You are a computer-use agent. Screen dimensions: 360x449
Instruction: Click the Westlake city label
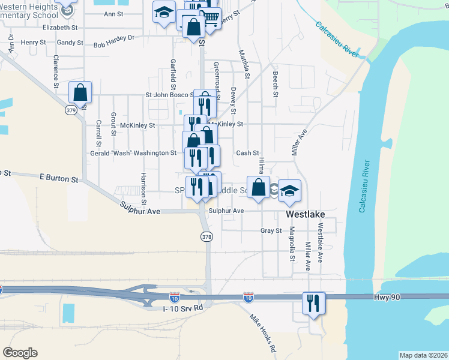pyautogui.click(x=306, y=213)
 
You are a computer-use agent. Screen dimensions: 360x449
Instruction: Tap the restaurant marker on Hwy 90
pyautogui.click(x=313, y=302)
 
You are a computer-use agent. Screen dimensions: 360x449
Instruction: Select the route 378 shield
pyautogui.click(x=207, y=237)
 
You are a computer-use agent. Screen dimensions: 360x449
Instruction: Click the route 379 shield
pyautogui.click(x=71, y=110)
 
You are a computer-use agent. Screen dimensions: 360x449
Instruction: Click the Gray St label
pyautogui.click(x=271, y=230)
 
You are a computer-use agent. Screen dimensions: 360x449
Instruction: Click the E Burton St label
pyautogui.click(x=59, y=179)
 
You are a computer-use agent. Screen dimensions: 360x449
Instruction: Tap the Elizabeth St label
pyautogui.click(x=60, y=28)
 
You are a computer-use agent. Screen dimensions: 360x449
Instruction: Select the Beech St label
pyautogui.click(x=275, y=85)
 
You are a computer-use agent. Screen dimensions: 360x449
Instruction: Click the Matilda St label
pyautogui.click(x=246, y=64)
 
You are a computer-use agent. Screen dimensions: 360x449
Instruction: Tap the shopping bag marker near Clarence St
pyautogui.click(x=80, y=92)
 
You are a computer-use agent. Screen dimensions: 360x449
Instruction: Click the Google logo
pyautogui.click(x=20, y=353)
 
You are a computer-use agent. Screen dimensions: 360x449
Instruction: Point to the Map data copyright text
pyautogui.click(x=423, y=355)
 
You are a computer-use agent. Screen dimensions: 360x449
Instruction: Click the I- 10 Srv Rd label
pyautogui.click(x=183, y=308)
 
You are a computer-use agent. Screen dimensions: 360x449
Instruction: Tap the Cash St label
pyautogui.click(x=247, y=153)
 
